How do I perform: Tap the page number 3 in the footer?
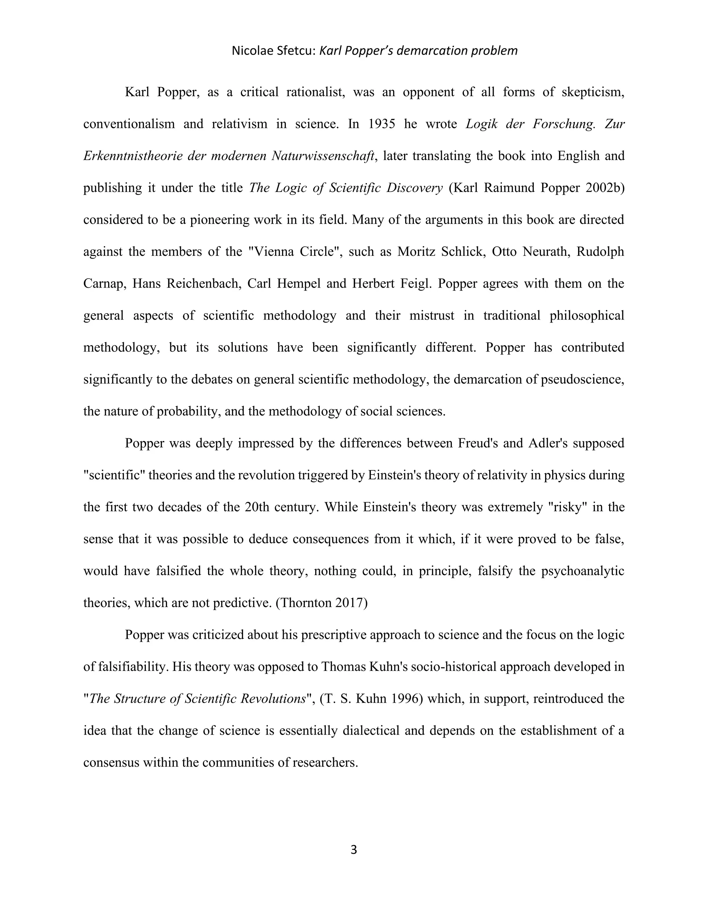[x=354, y=850]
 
